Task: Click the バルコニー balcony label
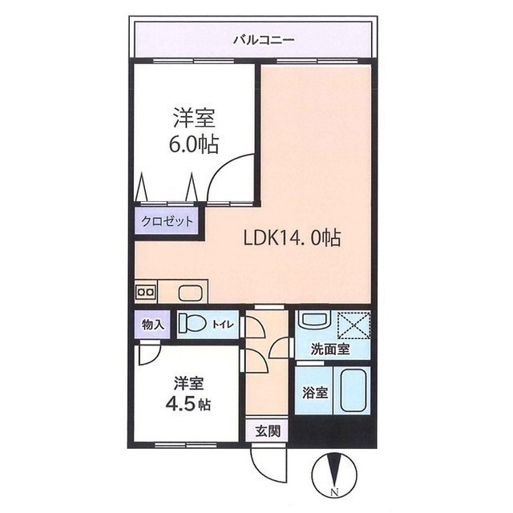[x=264, y=41]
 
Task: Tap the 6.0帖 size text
[x=193, y=144]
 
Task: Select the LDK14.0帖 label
[x=293, y=238]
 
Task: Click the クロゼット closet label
[x=168, y=222]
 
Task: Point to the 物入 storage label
[x=152, y=325]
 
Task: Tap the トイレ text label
[x=224, y=325]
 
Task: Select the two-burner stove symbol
[x=146, y=291]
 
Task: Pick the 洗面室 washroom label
[x=330, y=349]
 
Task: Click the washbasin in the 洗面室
[x=315, y=319]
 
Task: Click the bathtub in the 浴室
[x=353, y=390]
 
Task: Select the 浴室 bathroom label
[x=315, y=393]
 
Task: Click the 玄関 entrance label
[x=268, y=431]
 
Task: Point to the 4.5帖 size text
[x=188, y=405]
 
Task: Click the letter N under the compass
[x=334, y=500]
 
